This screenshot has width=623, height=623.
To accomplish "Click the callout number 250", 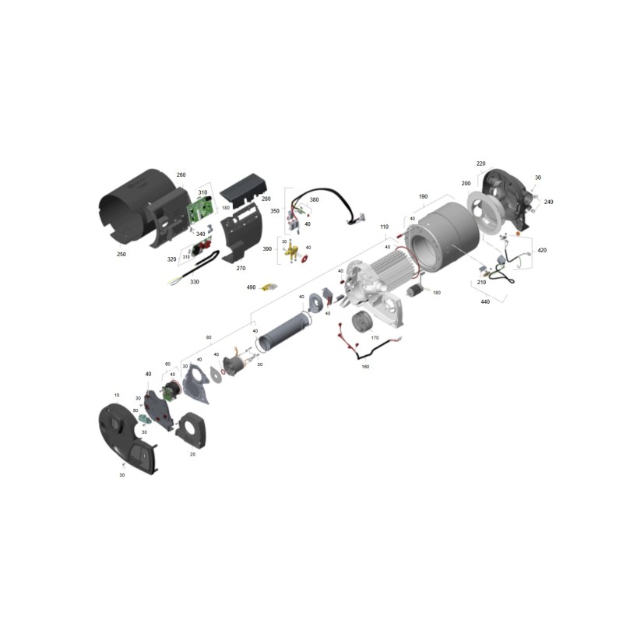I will point(121,254).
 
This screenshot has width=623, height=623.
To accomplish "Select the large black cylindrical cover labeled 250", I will point(128,210).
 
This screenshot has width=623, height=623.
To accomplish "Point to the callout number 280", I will point(266,199).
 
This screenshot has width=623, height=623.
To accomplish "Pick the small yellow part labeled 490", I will point(269,288).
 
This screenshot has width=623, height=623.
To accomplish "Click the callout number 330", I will point(195,282).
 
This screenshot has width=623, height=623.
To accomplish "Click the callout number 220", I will point(480,164).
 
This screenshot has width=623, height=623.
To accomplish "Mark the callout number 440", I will point(485,301).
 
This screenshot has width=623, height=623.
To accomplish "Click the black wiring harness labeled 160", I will point(366,348).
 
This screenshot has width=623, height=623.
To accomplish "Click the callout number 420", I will point(542,251).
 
